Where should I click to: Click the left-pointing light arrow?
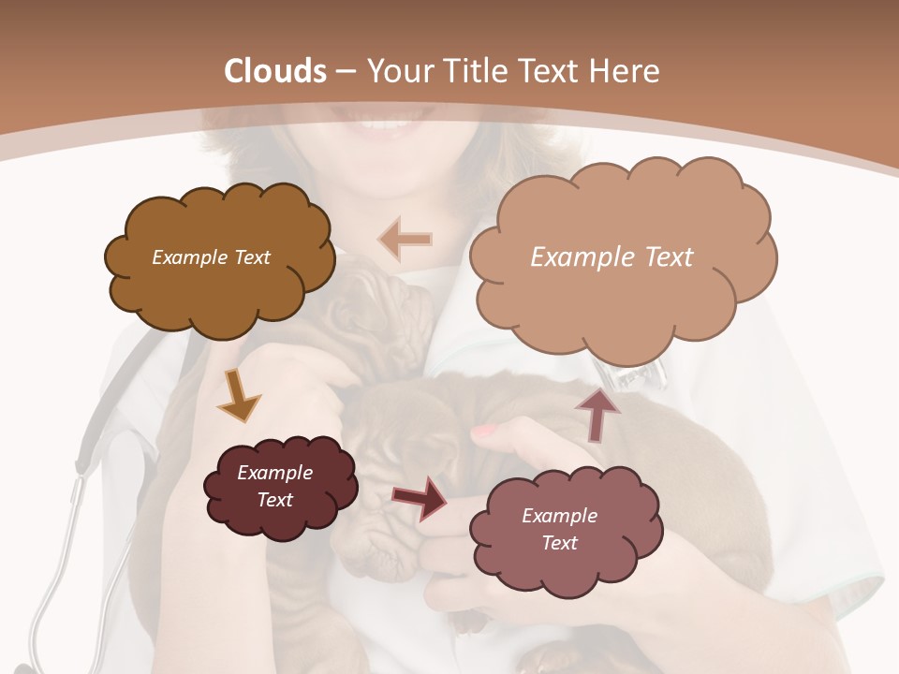tap(405, 240)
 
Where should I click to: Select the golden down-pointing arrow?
tap(239, 395)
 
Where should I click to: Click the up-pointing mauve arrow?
tap(597, 412)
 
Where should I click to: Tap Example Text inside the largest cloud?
tap(612, 257)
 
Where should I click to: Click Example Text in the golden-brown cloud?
tap(211, 257)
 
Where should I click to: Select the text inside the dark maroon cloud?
tap(275, 486)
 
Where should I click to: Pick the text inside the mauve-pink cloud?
tap(559, 529)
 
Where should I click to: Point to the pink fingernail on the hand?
tap(483, 431)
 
